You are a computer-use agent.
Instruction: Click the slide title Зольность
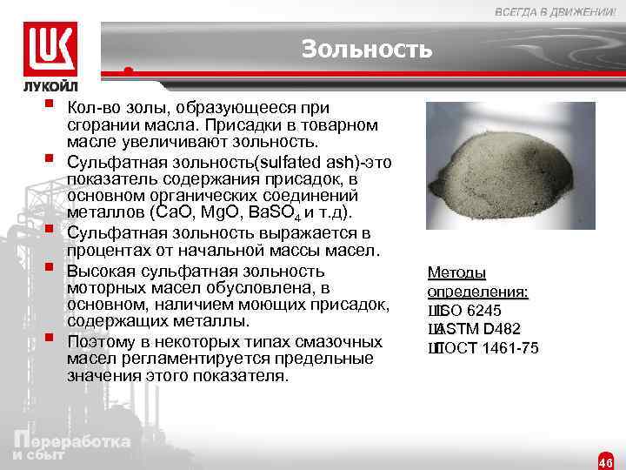(x=366, y=50)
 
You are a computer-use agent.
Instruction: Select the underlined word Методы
(x=456, y=272)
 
